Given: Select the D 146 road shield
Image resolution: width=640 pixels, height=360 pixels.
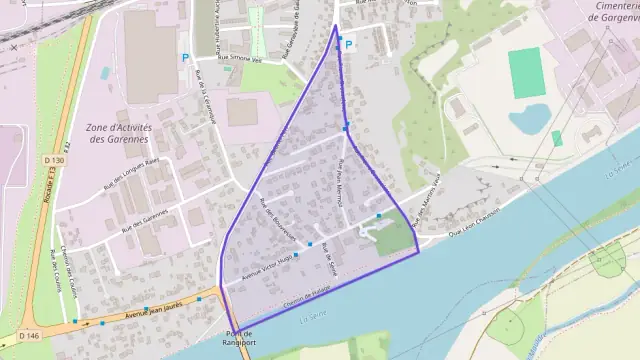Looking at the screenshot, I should click(28, 336).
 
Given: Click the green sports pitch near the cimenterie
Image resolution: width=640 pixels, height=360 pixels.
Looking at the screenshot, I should click(527, 73).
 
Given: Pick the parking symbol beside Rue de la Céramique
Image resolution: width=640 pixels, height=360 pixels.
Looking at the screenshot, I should click(185, 57).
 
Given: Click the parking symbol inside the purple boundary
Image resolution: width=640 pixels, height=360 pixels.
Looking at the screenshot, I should click(349, 45).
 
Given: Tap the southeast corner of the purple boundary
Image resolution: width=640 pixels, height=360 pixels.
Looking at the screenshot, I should click(418, 251).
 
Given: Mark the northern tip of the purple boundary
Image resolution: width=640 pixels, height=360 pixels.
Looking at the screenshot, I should click(335, 25).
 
